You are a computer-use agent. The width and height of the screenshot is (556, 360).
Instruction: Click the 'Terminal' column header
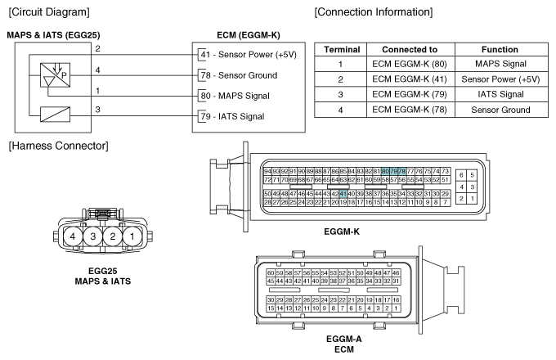pos(343,49)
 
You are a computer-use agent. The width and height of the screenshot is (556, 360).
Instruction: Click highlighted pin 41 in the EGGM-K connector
pos(343,193)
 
